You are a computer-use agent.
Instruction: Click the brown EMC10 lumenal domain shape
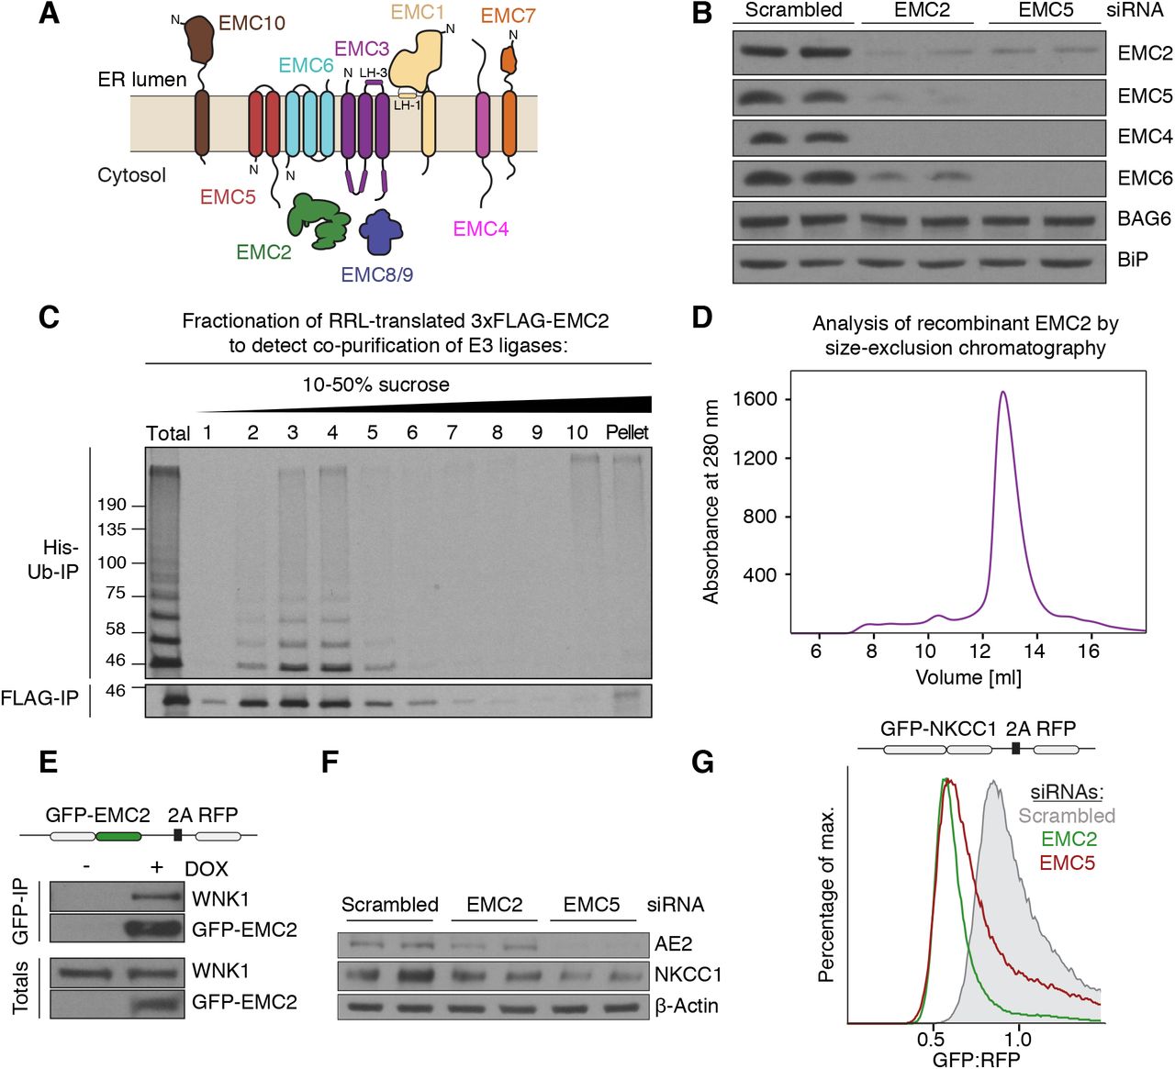tap(198, 39)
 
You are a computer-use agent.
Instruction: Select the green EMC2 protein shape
tap(317, 220)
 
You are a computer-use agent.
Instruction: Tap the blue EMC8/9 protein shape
tap(381, 233)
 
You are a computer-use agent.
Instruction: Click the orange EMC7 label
tap(508, 16)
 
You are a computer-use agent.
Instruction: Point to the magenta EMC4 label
tap(480, 228)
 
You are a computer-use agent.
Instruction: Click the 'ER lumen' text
tap(141, 80)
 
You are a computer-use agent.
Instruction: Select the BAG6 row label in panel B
tap(1144, 218)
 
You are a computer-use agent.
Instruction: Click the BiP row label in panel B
tap(1133, 260)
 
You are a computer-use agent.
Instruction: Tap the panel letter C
tap(49, 317)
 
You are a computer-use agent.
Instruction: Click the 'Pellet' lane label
tap(627, 432)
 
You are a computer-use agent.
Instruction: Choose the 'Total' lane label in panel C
tap(168, 433)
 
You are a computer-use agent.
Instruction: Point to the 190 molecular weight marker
tap(111, 505)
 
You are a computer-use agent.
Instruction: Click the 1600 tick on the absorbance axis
tap(755, 399)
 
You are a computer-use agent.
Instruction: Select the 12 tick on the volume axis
tap(980, 651)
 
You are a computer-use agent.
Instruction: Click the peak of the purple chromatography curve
tap(1002, 393)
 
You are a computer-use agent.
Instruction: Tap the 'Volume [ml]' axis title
tap(968, 677)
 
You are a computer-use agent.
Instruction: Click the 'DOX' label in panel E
tap(206, 869)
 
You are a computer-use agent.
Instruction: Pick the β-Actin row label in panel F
tap(687, 1007)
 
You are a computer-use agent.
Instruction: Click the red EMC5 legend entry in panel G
tap(1067, 863)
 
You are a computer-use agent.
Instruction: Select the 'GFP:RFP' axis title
tap(976, 1059)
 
